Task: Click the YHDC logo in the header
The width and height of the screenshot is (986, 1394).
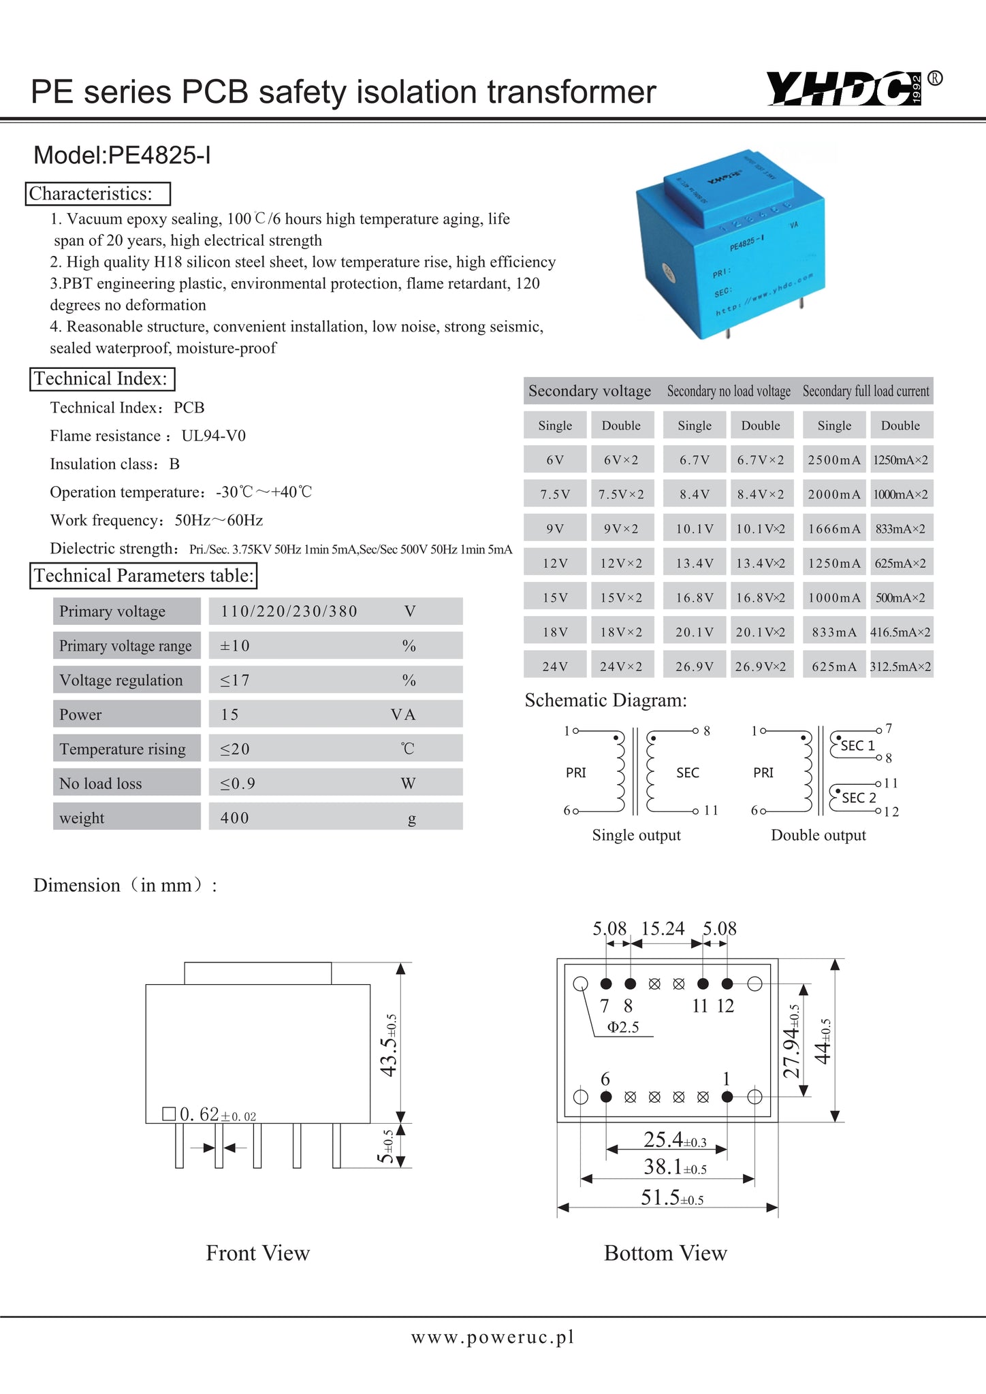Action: (x=844, y=88)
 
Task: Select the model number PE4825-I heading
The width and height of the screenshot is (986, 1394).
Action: (x=123, y=156)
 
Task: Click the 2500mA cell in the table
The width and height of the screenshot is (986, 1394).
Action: (x=834, y=460)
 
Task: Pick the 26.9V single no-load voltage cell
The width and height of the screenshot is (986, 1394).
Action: (x=695, y=666)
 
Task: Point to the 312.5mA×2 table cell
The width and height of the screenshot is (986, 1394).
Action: (x=900, y=666)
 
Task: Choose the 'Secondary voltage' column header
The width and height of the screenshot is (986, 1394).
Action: (x=590, y=391)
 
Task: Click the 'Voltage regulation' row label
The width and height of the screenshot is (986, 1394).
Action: (x=121, y=680)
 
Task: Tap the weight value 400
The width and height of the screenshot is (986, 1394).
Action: (x=235, y=817)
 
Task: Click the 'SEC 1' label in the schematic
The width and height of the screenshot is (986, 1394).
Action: (x=857, y=745)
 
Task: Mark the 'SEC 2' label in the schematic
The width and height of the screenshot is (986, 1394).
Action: (x=859, y=797)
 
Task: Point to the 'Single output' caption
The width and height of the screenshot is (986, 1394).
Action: (x=636, y=835)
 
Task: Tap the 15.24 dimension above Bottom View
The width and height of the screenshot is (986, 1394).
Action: (x=663, y=928)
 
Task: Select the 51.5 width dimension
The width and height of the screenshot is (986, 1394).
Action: (x=671, y=1197)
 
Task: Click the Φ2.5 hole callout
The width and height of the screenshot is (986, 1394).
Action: (x=623, y=1027)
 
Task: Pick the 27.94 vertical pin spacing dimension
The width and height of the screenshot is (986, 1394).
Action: (x=791, y=1041)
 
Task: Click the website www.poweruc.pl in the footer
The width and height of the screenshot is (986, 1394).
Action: (x=492, y=1337)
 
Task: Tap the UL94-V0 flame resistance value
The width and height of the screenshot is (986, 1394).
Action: (x=214, y=436)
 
